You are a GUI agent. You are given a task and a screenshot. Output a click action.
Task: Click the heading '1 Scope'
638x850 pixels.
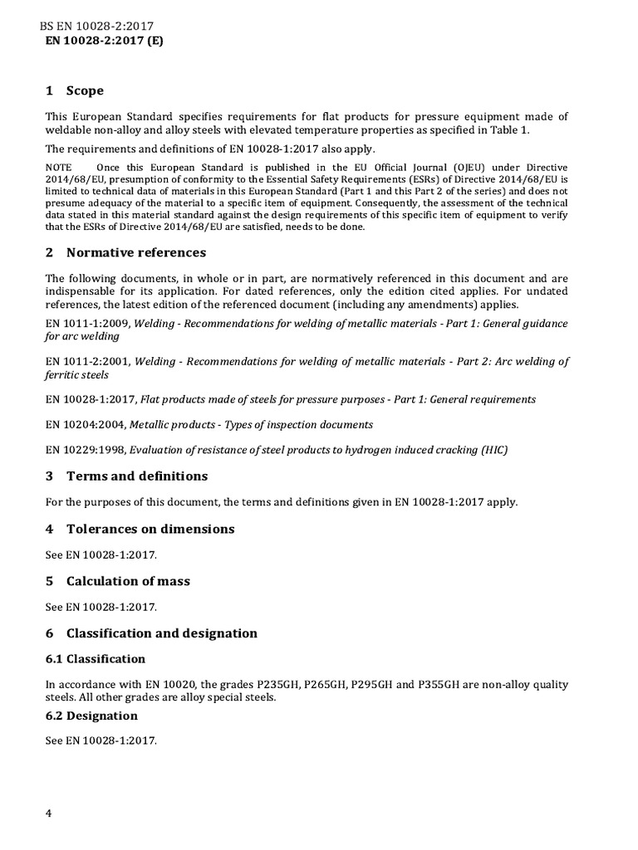coord(75,90)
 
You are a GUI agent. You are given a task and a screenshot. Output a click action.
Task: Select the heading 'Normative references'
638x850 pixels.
coord(136,252)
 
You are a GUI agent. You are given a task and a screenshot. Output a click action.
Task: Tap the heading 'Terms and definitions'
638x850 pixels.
coord(137,476)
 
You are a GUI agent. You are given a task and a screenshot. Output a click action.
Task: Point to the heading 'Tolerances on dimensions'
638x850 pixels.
coord(150,529)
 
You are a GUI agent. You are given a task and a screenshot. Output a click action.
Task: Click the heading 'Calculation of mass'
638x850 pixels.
coord(128,581)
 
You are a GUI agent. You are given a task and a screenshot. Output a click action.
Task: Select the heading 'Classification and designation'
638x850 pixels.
coord(161,633)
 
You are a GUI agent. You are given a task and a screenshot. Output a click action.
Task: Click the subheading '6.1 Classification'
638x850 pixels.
coord(96,659)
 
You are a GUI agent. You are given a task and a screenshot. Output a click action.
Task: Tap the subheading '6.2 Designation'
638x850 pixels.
coord(91,716)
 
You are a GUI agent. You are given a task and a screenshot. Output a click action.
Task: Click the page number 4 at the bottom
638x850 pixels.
coord(49,813)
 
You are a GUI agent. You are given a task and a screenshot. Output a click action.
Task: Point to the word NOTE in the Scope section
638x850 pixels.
coord(59,168)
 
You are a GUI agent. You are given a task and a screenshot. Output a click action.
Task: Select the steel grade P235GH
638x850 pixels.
coord(281,685)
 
